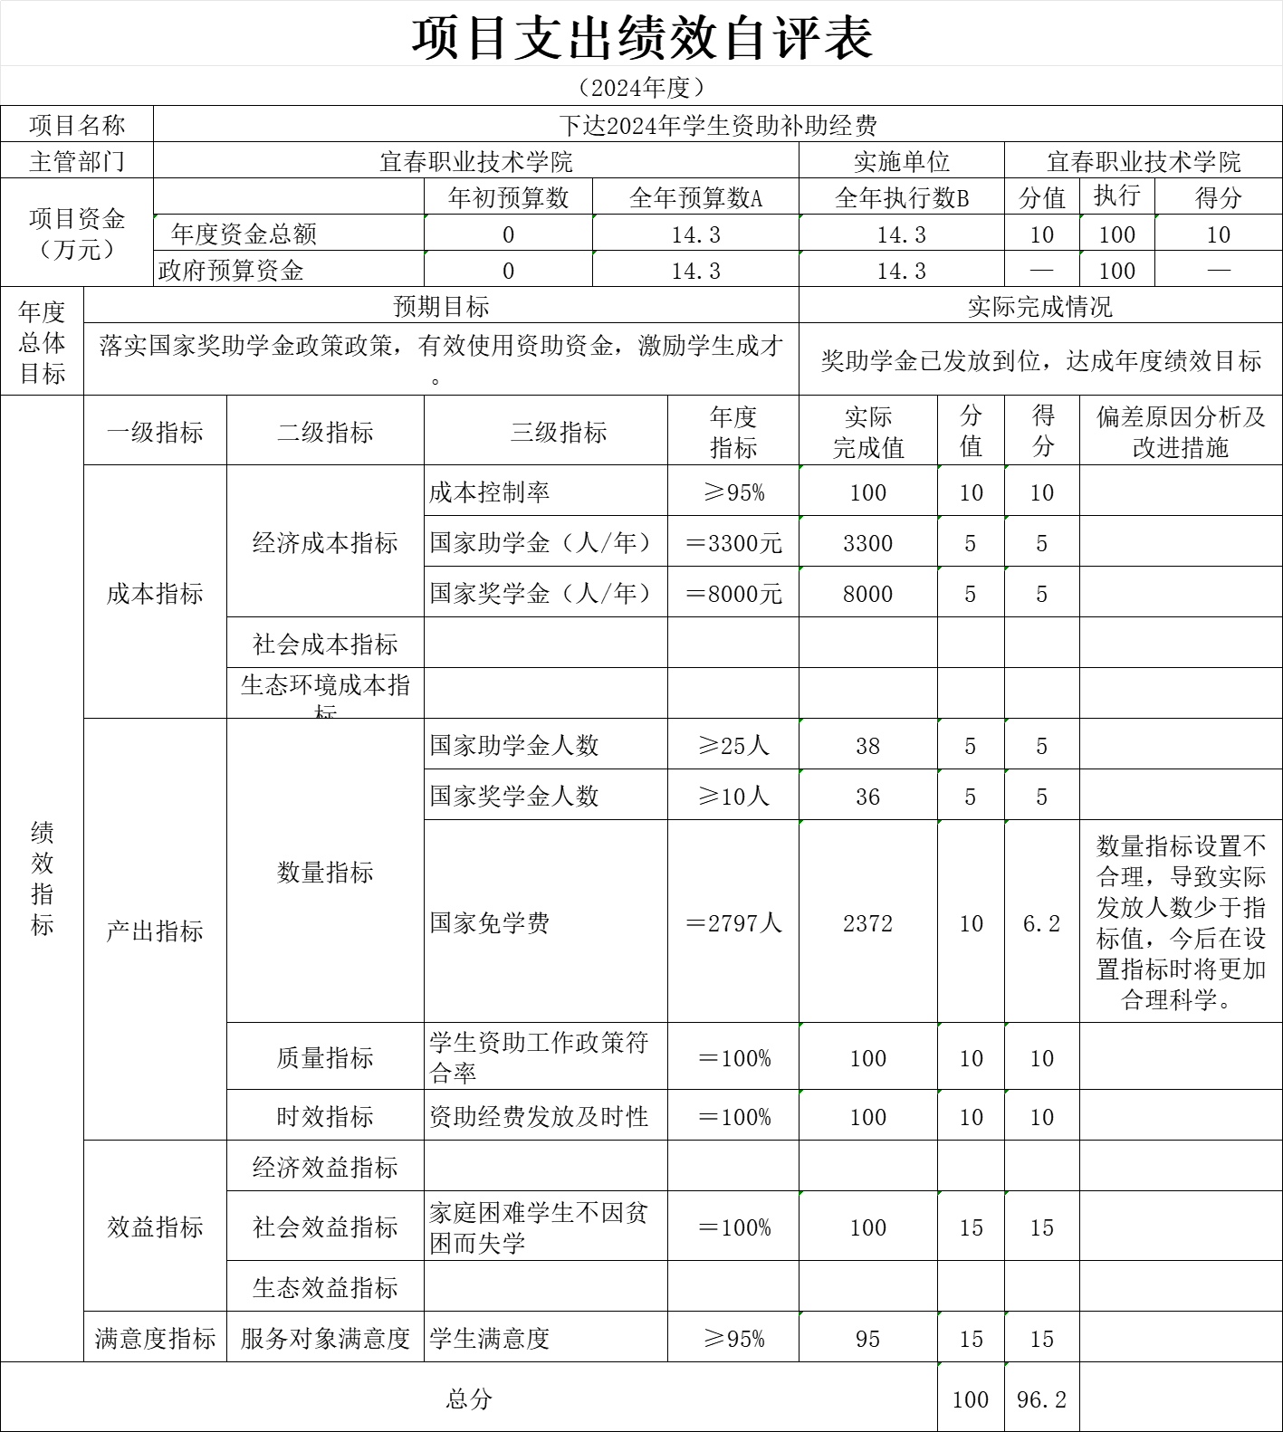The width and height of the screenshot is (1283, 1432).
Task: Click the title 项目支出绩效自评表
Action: coord(642,38)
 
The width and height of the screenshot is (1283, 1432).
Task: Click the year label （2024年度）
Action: coord(641,88)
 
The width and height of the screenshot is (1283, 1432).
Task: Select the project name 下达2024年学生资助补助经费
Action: coord(717,125)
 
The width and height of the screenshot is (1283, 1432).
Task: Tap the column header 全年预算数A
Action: coord(695,198)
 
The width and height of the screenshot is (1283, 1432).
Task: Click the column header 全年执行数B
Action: coord(901,198)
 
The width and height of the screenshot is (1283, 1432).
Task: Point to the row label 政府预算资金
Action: coord(231,271)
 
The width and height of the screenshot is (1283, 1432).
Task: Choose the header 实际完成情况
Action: coord(1039,307)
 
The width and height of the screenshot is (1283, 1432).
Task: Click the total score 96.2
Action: coord(1041,1399)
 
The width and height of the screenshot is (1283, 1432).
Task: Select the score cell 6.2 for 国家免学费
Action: coord(1041,923)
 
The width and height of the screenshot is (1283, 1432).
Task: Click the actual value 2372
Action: coord(867,923)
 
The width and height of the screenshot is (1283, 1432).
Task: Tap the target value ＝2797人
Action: coord(732,923)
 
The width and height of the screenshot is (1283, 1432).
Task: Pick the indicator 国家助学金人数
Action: coord(514,746)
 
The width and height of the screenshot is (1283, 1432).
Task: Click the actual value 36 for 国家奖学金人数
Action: coord(867,797)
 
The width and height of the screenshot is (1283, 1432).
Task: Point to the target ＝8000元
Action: coord(732,594)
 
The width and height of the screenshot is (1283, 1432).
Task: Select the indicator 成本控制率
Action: coord(489,492)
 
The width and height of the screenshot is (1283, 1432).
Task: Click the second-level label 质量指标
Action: coord(325,1057)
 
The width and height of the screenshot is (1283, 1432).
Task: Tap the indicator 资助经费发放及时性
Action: coord(539,1117)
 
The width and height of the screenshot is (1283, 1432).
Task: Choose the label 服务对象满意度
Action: coord(325,1339)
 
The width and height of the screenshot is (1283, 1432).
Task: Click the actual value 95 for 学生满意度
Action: coord(867,1339)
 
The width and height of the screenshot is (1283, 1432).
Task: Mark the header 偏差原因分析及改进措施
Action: coord(1181,432)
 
